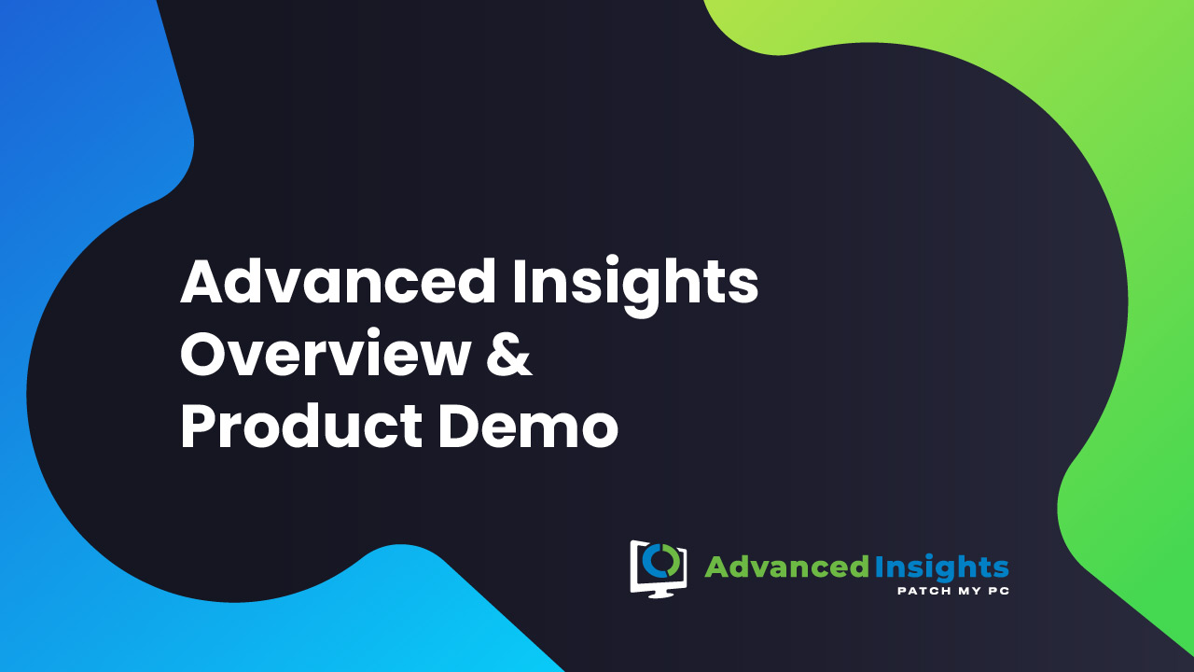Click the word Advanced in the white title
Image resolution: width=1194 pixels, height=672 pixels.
coord(338,281)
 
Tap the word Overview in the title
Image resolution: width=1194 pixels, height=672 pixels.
coord(326,353)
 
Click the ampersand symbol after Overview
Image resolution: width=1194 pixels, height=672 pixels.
coord(509,354)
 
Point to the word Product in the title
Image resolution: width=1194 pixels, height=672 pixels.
coord(301,426)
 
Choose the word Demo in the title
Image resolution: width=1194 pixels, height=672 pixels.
coord(528,427)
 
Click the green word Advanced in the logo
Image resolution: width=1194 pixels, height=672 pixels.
coord(786,567)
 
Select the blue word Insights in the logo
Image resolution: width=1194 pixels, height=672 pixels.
coord(942,568)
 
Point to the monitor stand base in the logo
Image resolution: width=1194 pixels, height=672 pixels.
coord(659,595)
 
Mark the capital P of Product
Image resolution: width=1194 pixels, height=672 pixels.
coord(199,427)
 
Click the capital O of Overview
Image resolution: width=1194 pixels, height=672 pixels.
coord(204,354)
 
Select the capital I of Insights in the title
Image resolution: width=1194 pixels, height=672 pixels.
coord(518,282)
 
